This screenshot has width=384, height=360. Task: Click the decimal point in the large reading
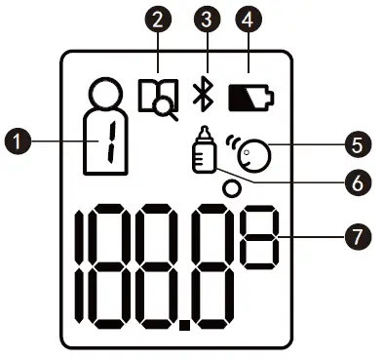(x=184, y=317)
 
